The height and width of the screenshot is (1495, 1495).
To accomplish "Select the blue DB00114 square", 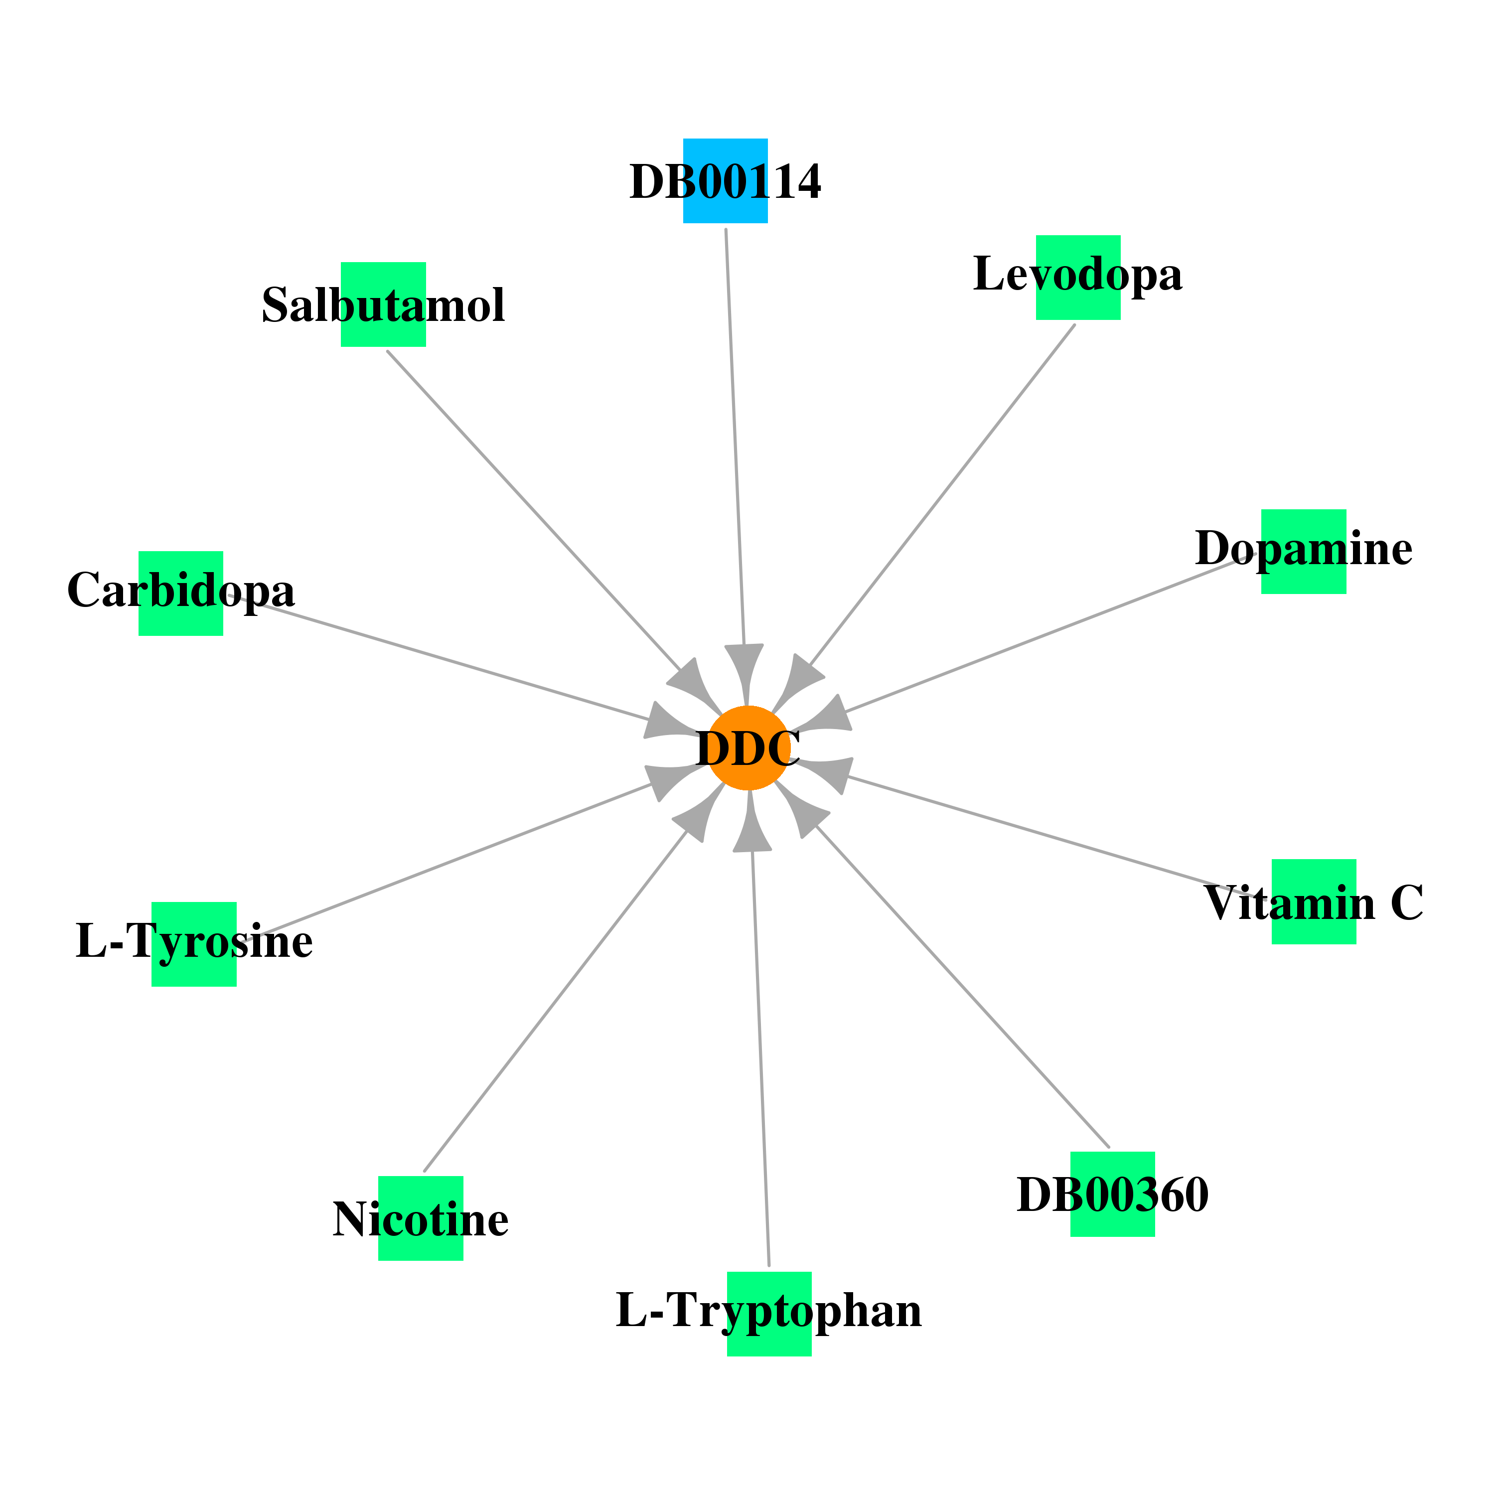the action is [x=725, y=181].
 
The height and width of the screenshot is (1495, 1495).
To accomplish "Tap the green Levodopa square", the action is [x=1078, y=277].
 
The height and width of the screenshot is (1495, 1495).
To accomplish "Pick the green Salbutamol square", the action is [x=383, y=304].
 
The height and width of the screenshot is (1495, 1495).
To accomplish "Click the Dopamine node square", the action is [x=1304, y=552].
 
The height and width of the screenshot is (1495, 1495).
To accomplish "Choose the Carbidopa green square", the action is [x=181, y=594].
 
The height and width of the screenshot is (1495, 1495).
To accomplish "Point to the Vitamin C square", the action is [x=1314, y=901].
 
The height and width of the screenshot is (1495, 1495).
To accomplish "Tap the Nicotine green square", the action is [x=421, y=1219].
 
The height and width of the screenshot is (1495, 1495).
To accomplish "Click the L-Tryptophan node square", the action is [x=769, y=1314].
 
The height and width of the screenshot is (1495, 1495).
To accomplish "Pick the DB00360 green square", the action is [x=1113, y=1194].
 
